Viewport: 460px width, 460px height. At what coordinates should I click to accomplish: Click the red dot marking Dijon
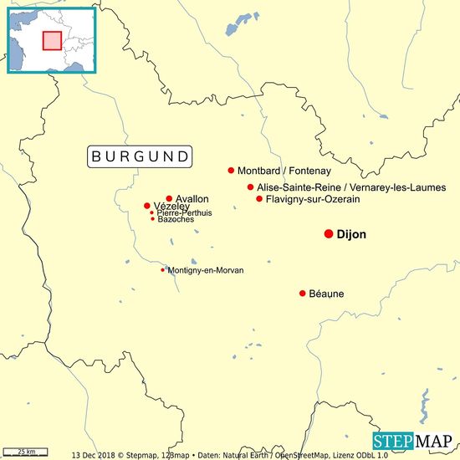pos(329,234)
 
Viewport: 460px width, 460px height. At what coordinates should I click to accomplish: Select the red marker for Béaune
pos(303,294)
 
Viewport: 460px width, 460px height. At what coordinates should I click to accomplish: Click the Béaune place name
pos(326,294)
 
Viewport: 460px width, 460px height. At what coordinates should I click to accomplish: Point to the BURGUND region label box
pos(141,156)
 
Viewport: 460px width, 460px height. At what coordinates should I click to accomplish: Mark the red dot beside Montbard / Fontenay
pos(231,171)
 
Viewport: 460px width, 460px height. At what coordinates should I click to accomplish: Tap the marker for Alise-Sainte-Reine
pos(251,187)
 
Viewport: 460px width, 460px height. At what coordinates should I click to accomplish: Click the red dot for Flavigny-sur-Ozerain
pos(259,199)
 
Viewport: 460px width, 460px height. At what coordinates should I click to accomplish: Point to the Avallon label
pos(192,199)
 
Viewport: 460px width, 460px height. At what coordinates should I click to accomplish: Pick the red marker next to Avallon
pos(169,199)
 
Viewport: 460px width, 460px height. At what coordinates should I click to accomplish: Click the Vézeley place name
pos(171,207)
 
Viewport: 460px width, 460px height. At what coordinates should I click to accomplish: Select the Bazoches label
pos(176,219)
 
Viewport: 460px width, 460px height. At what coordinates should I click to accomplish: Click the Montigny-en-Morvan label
pos(206,270)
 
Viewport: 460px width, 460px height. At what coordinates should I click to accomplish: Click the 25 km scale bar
pos(27,452)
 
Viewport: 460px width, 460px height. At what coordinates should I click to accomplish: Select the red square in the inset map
pos(53,40)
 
